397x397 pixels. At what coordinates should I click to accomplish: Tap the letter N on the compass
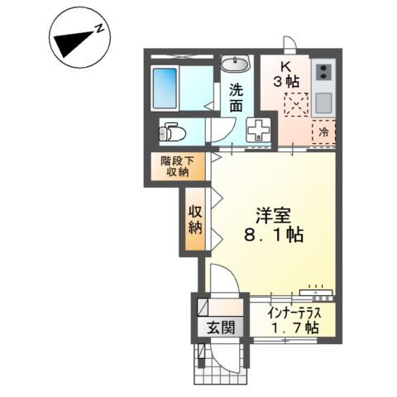(x=98, y=30)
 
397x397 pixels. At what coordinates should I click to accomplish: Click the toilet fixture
(x=173, y=132)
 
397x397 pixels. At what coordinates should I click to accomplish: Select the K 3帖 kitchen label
(x=287, y=74)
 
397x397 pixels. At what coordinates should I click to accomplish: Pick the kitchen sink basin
(x=323, y=103)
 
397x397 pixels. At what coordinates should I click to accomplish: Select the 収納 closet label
(x=195, y=218)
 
